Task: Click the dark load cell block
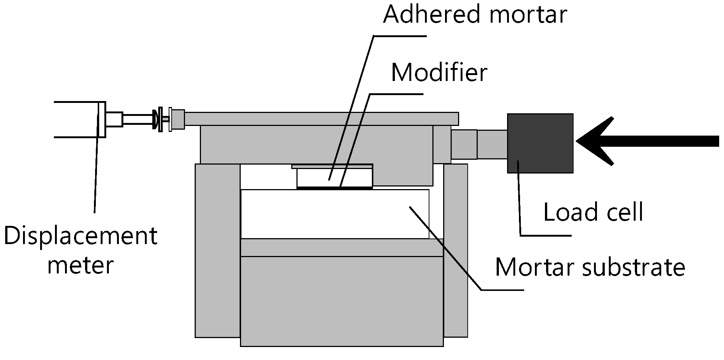540,143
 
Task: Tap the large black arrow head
594,141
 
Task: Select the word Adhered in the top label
431,15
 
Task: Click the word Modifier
439,73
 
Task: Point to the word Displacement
81,237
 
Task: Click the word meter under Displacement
80,265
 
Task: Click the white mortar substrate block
334,214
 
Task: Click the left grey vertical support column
218,251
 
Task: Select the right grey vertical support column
455,251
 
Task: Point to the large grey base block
342,301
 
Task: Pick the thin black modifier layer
334,188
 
